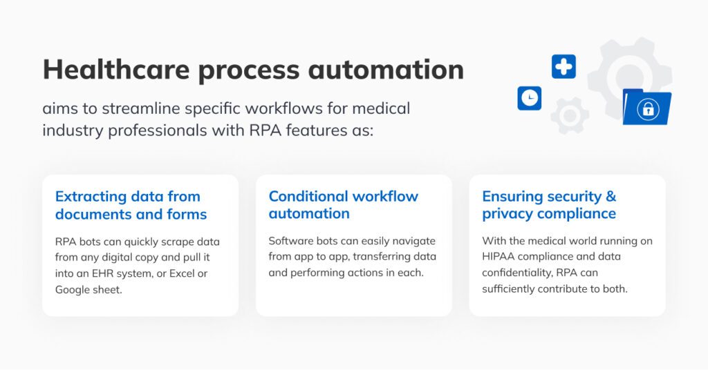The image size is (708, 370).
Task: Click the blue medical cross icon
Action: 563,67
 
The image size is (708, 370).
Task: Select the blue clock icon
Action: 530,98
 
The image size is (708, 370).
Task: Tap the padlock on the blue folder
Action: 648,109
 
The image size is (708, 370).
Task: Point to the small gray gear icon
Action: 570,115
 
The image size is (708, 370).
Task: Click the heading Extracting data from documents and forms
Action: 131,205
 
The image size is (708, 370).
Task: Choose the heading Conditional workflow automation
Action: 343,205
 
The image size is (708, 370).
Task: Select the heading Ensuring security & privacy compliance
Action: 549,205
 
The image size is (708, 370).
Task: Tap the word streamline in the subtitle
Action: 142,108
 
